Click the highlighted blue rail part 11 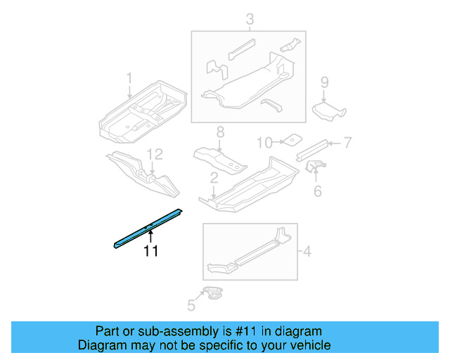pos(148,226)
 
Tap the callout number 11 pos(151,251)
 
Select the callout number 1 pos(129,77)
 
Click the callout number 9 pos(324,83)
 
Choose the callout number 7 pos(347,143)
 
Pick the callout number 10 pos(263,143)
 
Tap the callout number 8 pos(219,131)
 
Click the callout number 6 pos(317,191)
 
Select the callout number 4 pos(307,250)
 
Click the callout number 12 pos(155,153)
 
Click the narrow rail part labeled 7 pos(312,146)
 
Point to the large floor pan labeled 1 pos(144,111)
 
